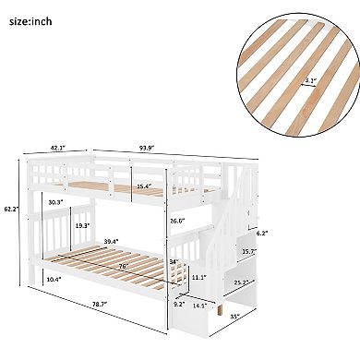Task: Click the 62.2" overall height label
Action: (x=10, y=209)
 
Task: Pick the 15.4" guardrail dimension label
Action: (x=143, y=186)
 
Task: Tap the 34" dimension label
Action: (x=175, y=261)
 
